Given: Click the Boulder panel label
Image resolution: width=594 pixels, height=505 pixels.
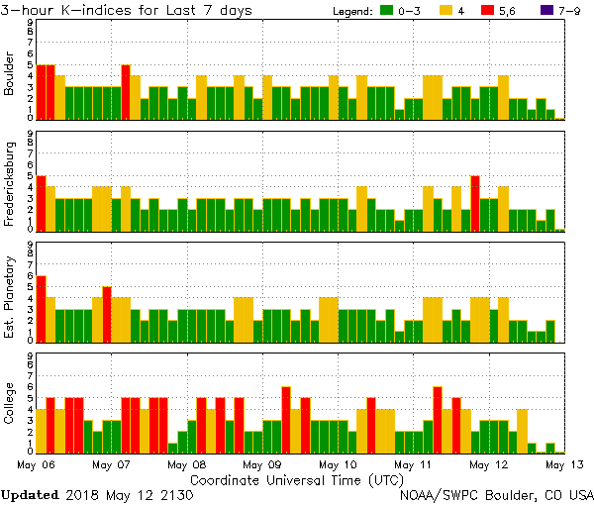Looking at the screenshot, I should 10,74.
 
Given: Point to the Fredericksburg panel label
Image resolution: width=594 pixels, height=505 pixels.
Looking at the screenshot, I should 10,186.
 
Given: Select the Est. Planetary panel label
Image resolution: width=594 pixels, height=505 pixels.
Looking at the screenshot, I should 10,295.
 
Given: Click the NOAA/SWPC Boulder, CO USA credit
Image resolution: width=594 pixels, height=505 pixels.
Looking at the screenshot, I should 496,494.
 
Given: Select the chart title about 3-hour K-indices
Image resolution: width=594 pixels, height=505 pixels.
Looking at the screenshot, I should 126,10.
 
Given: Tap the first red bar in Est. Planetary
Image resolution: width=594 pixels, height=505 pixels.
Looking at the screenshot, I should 42,308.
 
